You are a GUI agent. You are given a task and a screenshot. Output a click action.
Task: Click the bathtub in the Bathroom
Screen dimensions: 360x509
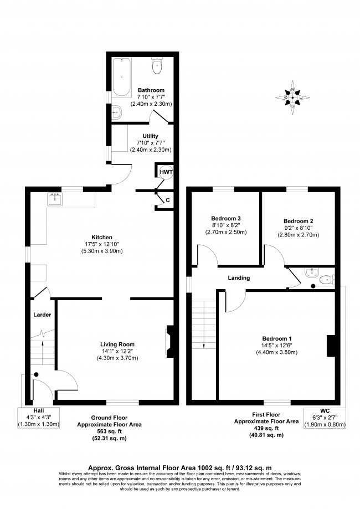tap(122, 77)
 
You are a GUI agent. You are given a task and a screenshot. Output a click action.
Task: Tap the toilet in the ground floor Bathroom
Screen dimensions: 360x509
tap(157, 65)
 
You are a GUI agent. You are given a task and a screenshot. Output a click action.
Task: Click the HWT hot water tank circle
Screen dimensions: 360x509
tap(166, 172)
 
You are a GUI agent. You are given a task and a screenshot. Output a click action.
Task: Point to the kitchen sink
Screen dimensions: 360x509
tap(55, 199)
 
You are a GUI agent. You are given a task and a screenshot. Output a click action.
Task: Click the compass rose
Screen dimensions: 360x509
tap(292, 97)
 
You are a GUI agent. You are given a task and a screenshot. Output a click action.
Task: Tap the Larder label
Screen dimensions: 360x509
tap(42, 315)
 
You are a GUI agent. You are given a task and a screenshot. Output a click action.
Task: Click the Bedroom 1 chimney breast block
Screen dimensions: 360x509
tap(331, 346)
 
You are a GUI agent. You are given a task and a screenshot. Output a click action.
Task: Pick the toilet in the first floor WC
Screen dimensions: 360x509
tap(327, 280)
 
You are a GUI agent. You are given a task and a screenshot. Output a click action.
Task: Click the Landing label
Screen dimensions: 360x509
tap(239, 278)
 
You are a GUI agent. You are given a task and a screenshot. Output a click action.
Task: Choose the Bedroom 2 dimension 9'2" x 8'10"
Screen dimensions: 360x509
tap(299, 228)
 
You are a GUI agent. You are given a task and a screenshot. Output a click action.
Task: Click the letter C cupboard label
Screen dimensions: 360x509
tap(168, 200)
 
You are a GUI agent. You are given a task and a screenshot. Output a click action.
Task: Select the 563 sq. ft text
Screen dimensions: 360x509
tap(109, 431)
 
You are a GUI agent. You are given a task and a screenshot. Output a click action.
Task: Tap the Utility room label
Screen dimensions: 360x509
tap(150, 136)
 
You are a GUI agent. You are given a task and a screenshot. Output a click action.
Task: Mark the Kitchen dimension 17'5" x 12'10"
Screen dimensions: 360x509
tap(102, 244)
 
